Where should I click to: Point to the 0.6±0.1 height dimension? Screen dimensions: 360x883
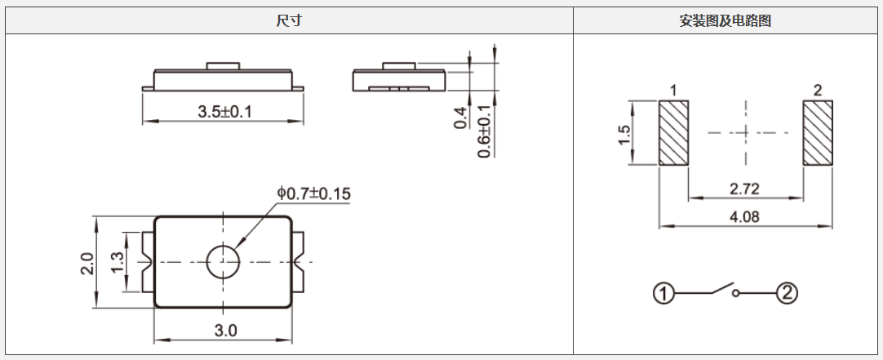click(x=485, y=131)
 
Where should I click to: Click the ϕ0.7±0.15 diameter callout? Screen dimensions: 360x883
click(x=313, y=193)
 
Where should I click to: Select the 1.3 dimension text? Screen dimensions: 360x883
click(x=117, y=261)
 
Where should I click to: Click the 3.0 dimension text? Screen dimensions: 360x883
click(x=225, y=331)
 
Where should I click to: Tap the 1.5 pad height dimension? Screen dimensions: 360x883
click(x=624, y=134)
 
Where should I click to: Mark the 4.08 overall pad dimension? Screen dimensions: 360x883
click(x=743, y=217)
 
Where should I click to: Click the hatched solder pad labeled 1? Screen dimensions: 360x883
click(x=674, y=133)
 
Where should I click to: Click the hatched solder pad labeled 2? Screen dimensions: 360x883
click(x=817, y=133)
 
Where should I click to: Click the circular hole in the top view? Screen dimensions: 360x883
click(x=222, y=261)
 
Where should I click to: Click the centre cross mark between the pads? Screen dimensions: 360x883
click(x=746, y=133)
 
